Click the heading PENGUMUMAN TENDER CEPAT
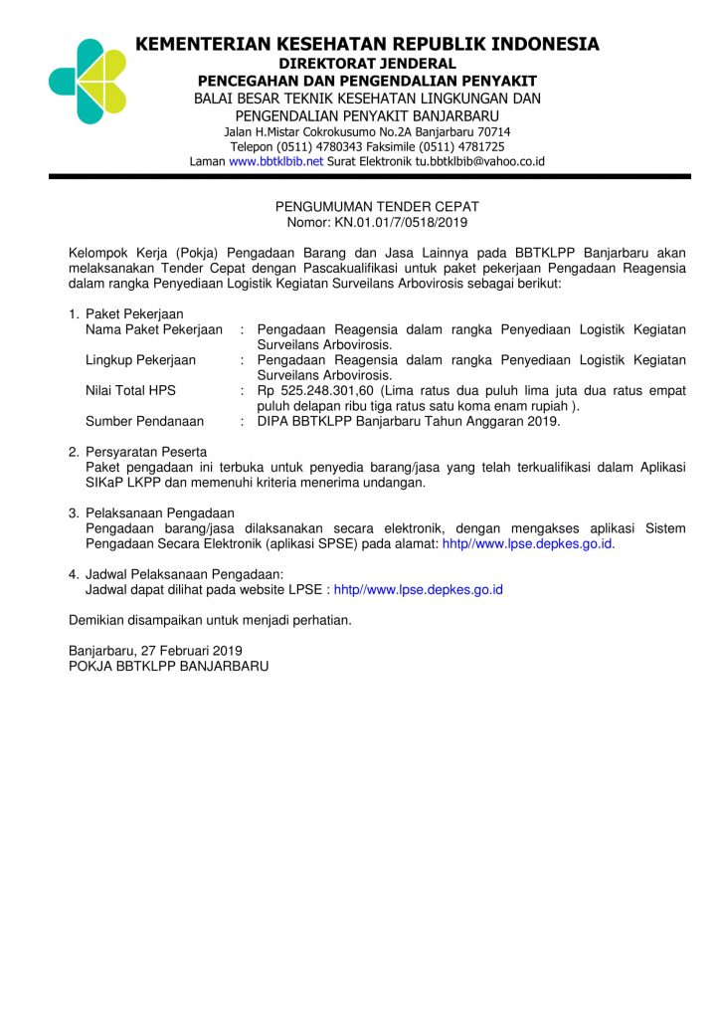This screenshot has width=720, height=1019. tap(377, 207)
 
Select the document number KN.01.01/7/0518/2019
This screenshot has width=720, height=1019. tap(400, 223)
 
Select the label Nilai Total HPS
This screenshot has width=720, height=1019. tap(130, 391)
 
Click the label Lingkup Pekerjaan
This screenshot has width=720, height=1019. tap(140, 360)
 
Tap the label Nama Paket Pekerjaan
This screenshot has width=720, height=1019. tap(154, 329)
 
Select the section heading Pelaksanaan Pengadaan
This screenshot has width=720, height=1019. tap(159, 512)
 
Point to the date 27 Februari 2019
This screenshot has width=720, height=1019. tap(186, 651)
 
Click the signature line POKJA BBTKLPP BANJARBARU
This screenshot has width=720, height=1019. tap(168, 666)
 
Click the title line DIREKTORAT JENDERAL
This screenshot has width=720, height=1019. tap(367, 64)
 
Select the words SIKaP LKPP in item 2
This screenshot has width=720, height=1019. tap(115, 483)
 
